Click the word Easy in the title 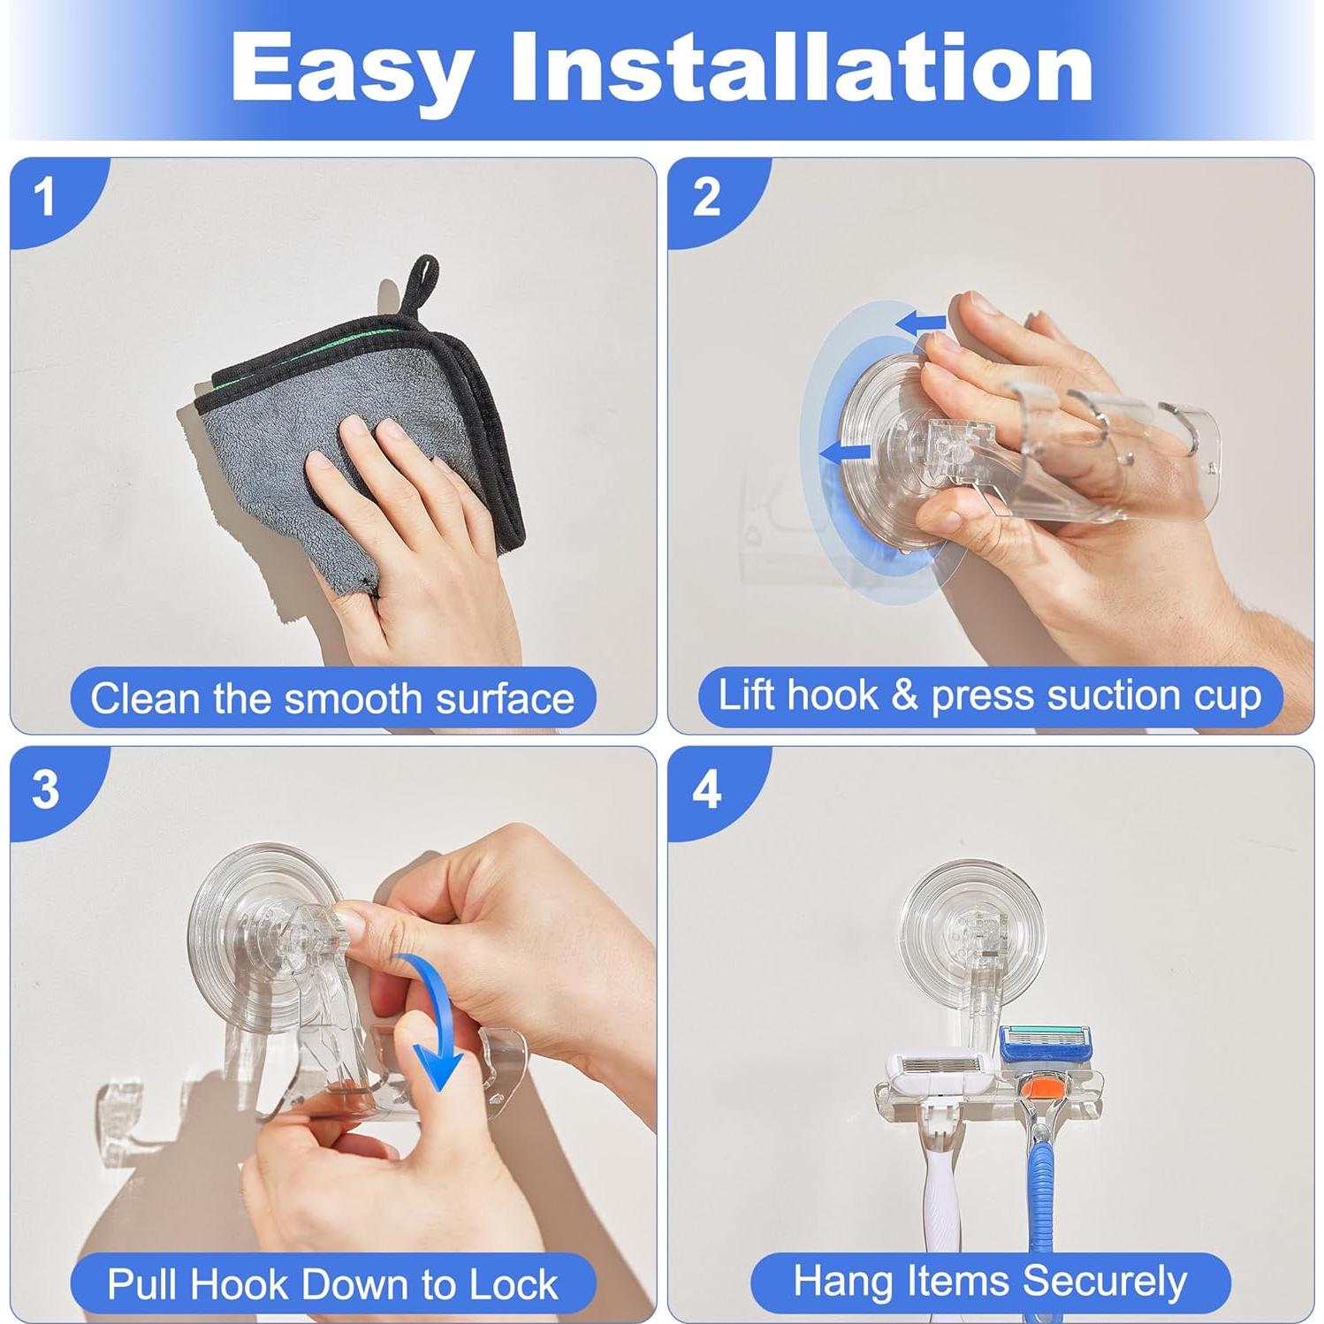pyautogui.click(x=351, y=69)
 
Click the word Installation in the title pyautogui.click(x=803, y=67)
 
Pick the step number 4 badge pyautogui.click(x=707, y=788)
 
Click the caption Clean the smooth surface pyautogui.click(x=332, y=698)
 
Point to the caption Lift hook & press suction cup pyautogui.click(x=990, y=696)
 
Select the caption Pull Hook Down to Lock pyautogui.click(x=332, y=1283)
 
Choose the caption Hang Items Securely pyautogui.click(x=990, y=1282)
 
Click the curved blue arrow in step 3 pyautogui.click(x=434, y=1016)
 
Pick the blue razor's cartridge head pyautogui.click(x=1052, y=1044)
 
